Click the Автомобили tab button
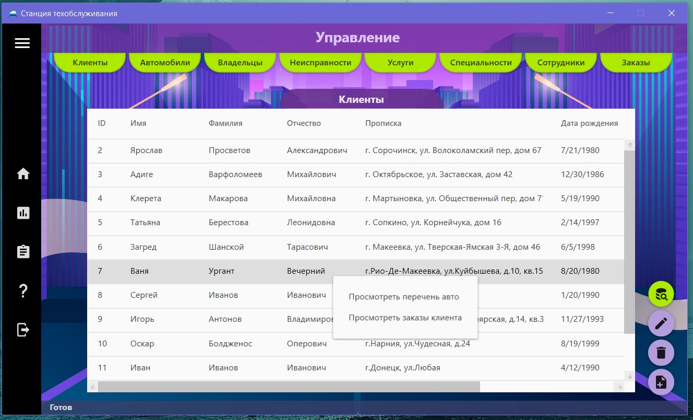165,62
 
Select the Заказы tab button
636,62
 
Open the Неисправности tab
320,62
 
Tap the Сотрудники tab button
560,62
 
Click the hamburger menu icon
22,43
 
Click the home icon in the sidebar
23,173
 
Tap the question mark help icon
23,291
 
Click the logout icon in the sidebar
23,330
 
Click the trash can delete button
661,353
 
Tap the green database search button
661,294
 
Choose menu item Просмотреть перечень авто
404,297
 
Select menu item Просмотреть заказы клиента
405,318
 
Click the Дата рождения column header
589,123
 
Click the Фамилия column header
225,123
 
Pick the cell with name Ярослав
146,150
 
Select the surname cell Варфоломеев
235,174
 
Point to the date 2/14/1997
580,223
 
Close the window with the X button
671,13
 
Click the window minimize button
611,13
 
